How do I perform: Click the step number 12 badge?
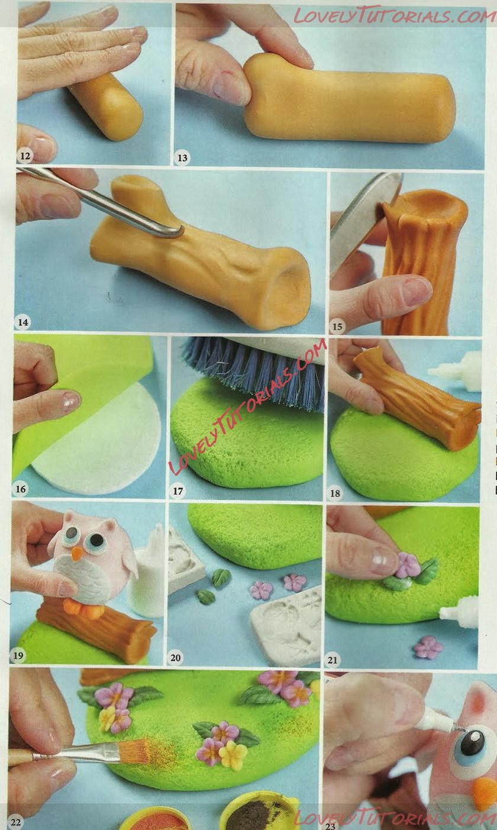(x=25, y=156)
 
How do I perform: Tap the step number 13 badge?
(x=183, y=158)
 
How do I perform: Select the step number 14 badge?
(x=22, y=322)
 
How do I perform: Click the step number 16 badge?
(x=20, y=489)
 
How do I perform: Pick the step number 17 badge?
(x=178, y=491)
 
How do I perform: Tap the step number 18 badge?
(x=335, y=493)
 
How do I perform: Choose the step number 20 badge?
(x=175, y=658)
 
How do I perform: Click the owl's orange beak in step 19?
(x=77, y=553)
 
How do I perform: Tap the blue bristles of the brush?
(x=256, y=370)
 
